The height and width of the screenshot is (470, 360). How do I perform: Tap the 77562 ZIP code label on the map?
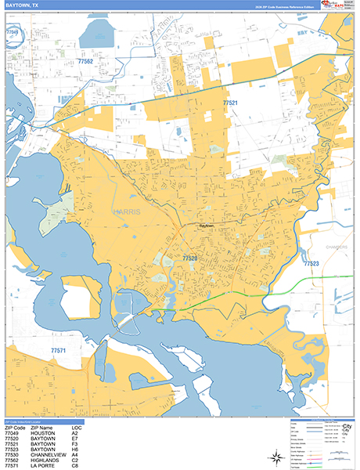[x=85, y=61]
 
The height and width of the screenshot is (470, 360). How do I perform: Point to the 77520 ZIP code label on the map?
[x=190, y=257]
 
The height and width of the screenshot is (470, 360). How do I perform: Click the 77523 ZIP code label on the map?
[x=311, y=264]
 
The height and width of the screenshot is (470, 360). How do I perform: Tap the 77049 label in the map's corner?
[x=13, y=32]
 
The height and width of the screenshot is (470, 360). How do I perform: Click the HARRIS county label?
[x=125, y=211]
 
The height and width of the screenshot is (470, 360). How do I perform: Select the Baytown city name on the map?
[x=207, y=226]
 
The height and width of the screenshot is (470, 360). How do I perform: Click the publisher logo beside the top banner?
[x=338, y=5]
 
